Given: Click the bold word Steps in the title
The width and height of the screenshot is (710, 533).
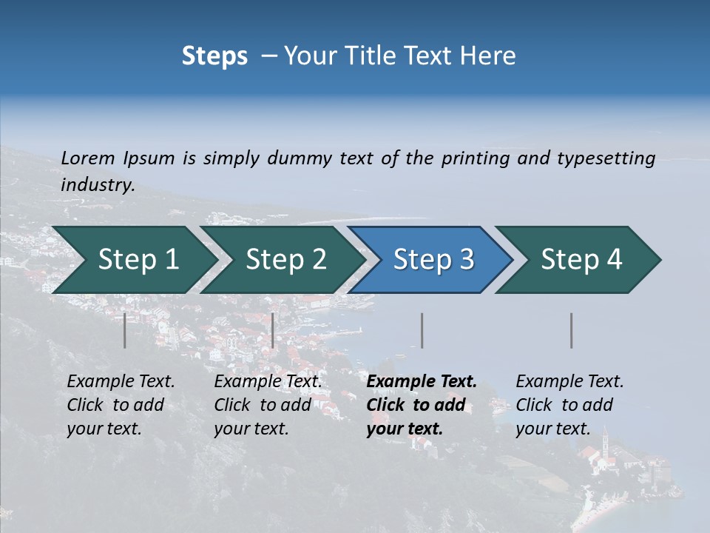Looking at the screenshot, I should (x=214, y=56).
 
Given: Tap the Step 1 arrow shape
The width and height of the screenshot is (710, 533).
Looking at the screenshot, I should (x=133, y=260).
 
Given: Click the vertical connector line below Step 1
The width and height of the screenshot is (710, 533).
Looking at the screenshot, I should (x=125, y=330).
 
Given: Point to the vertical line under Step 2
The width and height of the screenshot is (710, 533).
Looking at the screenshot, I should (x=273, y=330).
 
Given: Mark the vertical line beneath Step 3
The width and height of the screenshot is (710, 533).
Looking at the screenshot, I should (x=422, y=330).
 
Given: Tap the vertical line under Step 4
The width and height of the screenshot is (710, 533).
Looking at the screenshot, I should (x=572, y=330).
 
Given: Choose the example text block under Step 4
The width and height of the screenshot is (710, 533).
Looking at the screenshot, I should (x=569, y=405).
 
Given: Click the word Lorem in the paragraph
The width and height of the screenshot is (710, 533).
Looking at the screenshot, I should (x=88, y=158).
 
